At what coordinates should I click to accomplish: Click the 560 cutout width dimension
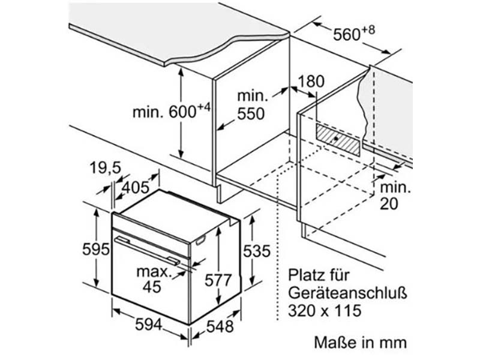click(353, 34)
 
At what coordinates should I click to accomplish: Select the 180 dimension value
click(311, 82)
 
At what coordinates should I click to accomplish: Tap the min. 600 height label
click(172, 111)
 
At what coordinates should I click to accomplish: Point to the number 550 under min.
click(251, 114)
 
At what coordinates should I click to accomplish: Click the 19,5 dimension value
click(106, 168)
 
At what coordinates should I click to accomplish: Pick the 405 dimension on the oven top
click(136, 187)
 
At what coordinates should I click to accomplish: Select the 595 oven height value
click(96, 249)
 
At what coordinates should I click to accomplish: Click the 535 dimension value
click(257, 251)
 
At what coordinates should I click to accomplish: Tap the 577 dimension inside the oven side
click(218, 280)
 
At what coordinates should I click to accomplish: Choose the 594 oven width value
click(149, 324)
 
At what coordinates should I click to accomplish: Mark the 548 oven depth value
click(220, 326)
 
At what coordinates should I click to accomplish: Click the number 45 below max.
click(152, 287)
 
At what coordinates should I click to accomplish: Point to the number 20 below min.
click(389, 204)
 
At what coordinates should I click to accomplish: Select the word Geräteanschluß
click(347, 293)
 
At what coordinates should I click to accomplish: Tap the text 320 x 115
click(325, 311)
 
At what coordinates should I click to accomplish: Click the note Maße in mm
click(361, 342)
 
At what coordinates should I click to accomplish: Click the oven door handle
click(147, 250)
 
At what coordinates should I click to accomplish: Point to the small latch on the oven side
click(200, 240)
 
